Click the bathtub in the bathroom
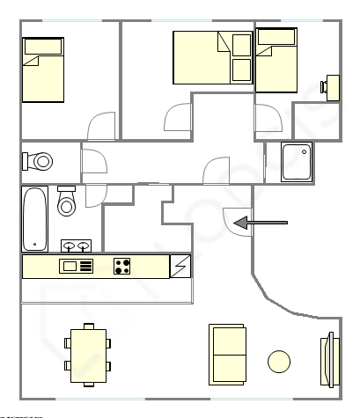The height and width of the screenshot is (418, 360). coord(34,218)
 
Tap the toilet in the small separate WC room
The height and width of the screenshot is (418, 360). coord(40,162)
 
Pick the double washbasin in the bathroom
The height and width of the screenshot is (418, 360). coord(75,246)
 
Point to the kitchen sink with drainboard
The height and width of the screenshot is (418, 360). coord(76,266)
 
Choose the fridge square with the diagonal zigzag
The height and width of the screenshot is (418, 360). coord(180,266)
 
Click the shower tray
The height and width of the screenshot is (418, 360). coord(297,162)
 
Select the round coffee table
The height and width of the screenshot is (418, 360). coord(279,362)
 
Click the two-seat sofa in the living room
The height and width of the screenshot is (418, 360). coord(227,354)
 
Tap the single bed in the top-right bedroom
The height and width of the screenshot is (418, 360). coord(276,60)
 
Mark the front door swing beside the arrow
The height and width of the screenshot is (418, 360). coord(236,219)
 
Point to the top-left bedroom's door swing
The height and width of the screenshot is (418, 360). coord(102,125)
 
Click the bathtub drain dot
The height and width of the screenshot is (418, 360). coord(34,246)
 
